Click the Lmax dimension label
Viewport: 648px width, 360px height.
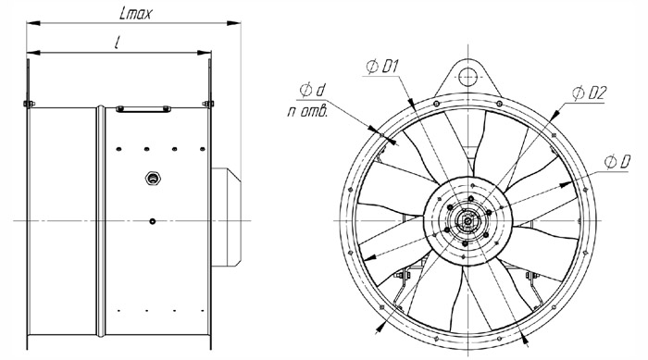(x=135, y=14)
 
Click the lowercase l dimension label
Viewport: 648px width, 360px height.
(x=118, y=43)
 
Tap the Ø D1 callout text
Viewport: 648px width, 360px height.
(x=382, y=66)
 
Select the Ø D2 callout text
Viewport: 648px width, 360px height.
(x=589, y=93)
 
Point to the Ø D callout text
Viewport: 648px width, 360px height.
(x=617, y=162)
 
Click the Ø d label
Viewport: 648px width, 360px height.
(x=313, y=90)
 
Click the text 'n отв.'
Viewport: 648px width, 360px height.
(x=307, y=112)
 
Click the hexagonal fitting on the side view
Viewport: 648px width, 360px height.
(x=154, y=179)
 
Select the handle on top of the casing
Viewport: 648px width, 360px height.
(x=143, y=109)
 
